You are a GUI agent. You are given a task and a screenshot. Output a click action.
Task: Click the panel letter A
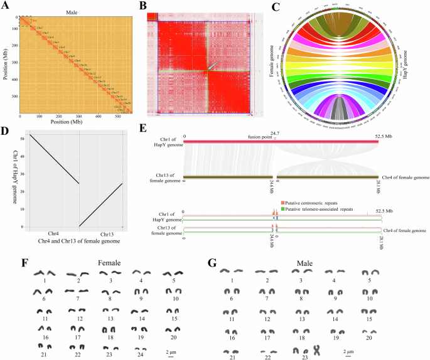(x=4, y=6)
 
